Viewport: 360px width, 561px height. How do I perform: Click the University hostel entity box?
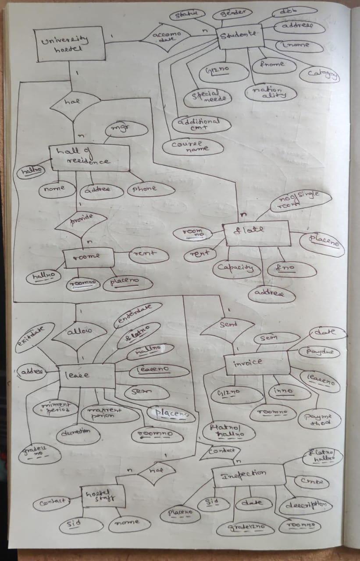pyautogui.click(x=71, y=44)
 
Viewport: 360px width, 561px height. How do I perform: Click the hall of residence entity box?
pyautogui.click(x=90, y=157)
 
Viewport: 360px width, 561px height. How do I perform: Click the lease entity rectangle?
pyautogui.click(x=87, y=375)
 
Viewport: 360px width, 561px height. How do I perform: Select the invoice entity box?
pyautogui.click(x=257, y=362)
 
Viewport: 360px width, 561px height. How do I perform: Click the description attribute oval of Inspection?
pyautogui.click(x=305, y=505)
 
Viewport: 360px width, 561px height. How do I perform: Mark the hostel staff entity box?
pyautogui.click(x=103, y=497)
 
